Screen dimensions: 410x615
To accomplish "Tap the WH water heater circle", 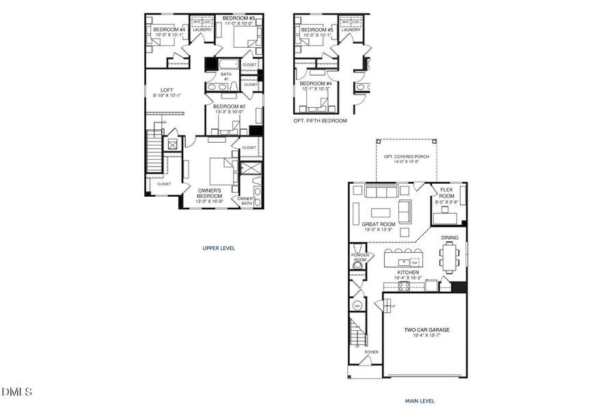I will (357, 305).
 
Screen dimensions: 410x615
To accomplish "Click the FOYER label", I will (371, 353).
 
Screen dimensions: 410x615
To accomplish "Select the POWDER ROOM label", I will (359, 258).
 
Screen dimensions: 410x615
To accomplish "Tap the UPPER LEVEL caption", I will (219, 248).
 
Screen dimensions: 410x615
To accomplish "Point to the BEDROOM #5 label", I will (316, 29).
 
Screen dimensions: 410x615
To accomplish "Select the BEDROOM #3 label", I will (238, 18).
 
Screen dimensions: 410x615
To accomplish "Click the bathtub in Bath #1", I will (228, 65).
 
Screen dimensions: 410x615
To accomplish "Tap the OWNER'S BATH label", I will (245, 200).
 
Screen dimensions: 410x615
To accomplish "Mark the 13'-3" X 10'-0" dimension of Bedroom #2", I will (229, 112).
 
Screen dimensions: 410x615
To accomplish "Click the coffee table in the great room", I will (381, 212).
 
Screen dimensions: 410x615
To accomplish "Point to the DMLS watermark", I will (17, 392).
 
